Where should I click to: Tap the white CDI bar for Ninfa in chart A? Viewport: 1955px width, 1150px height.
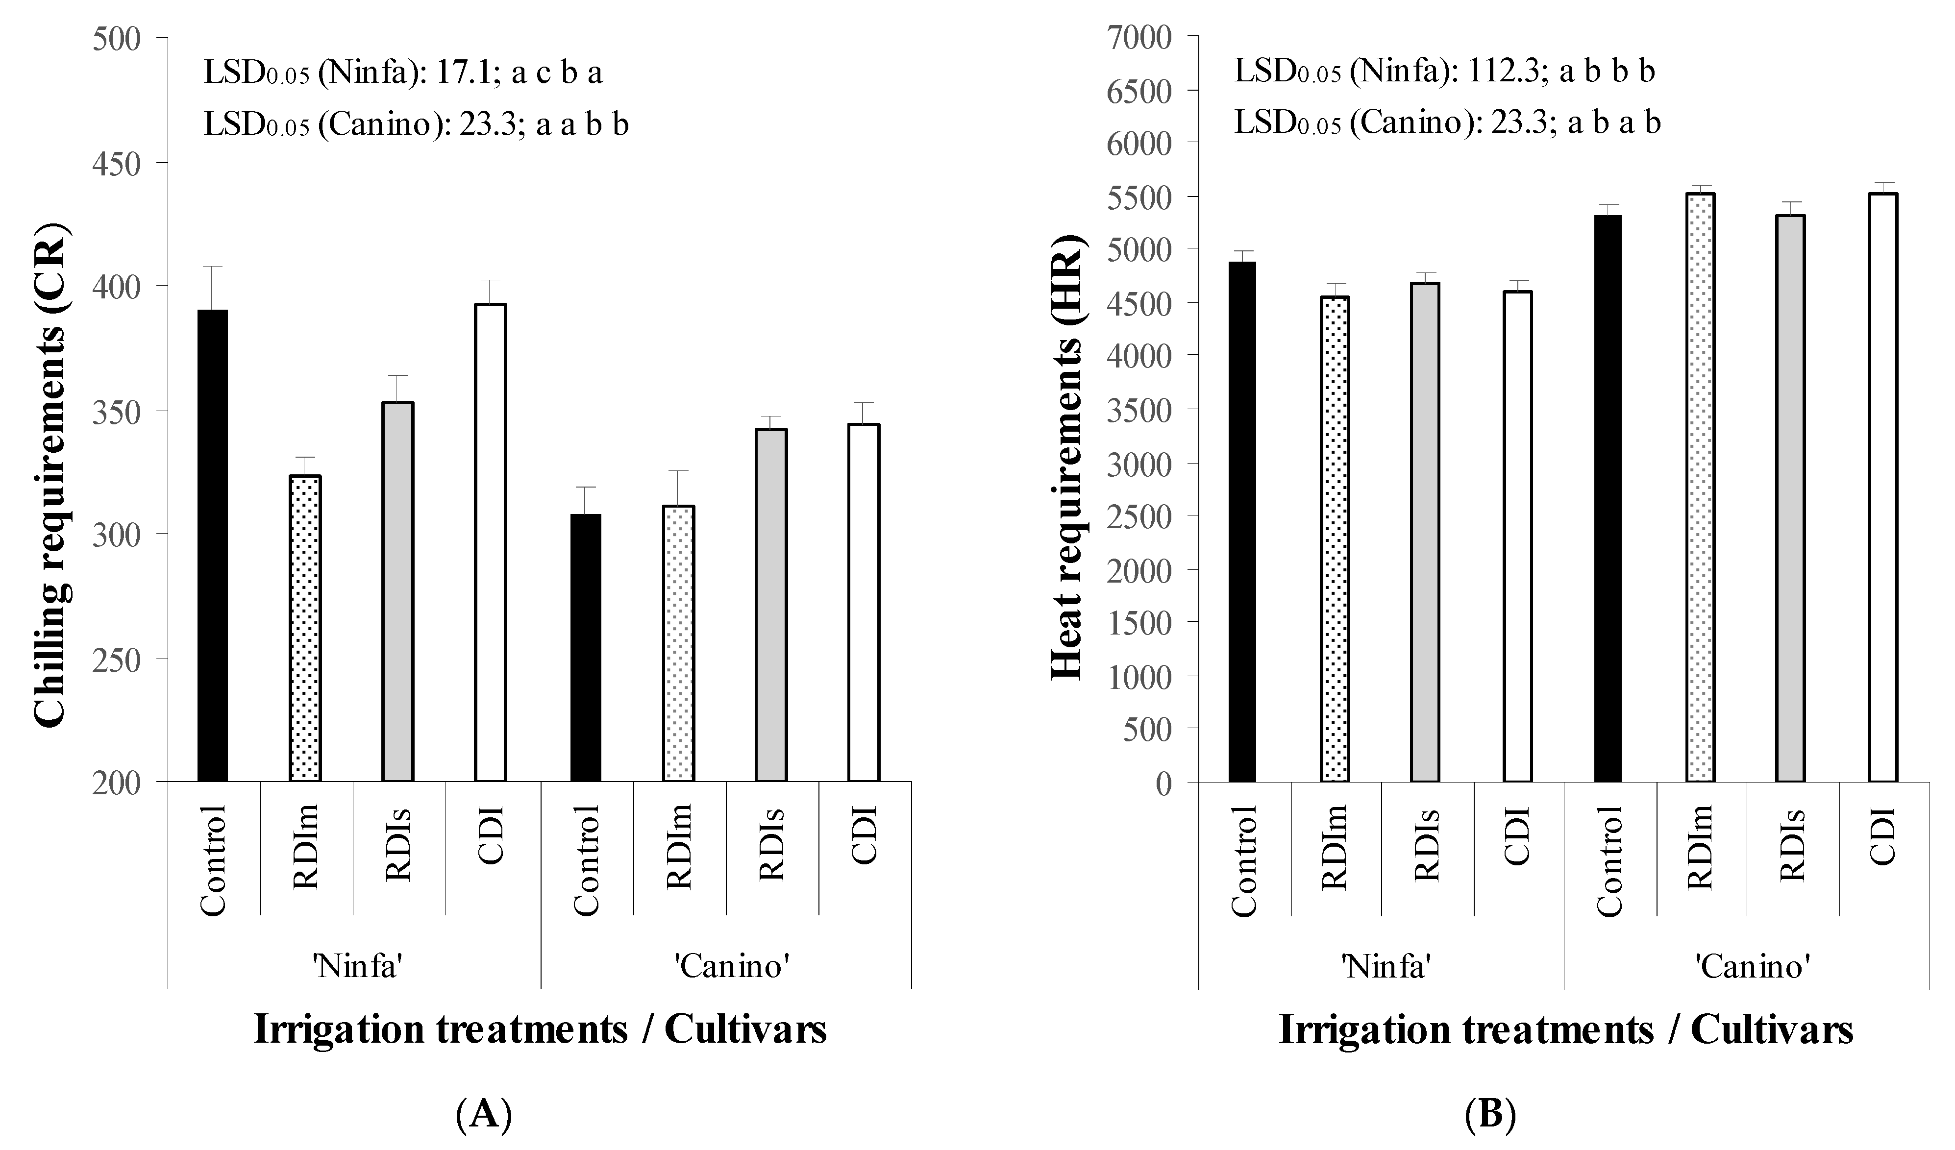click(490, 543)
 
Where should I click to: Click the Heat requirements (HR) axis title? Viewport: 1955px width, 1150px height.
click(1067, 458)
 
